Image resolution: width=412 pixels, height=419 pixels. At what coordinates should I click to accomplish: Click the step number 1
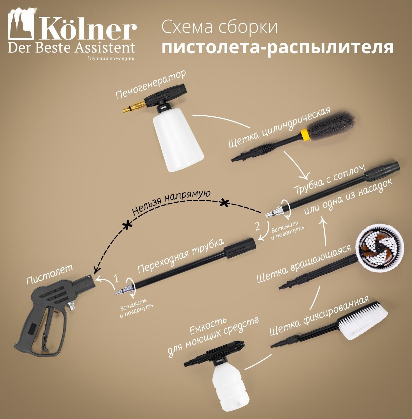tap(116, 278)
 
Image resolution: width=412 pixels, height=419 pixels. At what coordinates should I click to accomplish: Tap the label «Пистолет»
tap(50, 274)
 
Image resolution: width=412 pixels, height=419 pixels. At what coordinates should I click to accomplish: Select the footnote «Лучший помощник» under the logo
tap(111, 58)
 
